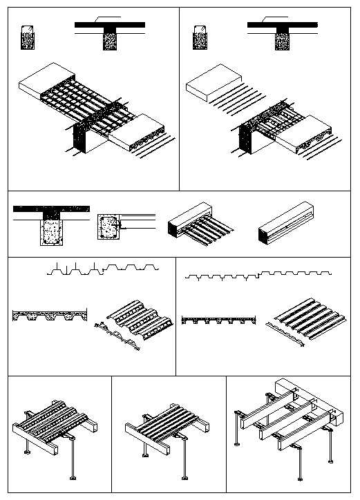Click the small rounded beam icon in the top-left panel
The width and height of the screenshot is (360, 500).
[28, 37]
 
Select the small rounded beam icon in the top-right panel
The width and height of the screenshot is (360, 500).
[201, 37]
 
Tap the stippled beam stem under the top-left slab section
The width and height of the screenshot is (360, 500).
[110, 39]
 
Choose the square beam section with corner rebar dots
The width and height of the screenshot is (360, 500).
[108, 226]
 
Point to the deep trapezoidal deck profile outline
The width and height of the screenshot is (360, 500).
[104, 269]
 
